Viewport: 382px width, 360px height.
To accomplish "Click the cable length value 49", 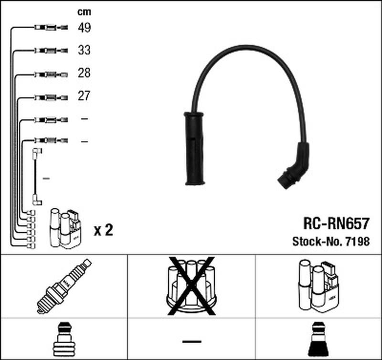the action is point(85,28).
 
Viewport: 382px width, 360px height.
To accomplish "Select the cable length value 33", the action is point(84,50).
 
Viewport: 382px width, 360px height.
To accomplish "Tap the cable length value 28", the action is point(84,73).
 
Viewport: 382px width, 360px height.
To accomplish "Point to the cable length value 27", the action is point(84,95).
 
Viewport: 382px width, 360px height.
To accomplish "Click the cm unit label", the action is point(85,12).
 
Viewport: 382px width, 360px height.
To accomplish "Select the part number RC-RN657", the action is point(337,223).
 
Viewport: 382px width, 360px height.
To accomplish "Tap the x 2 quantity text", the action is point(104,230).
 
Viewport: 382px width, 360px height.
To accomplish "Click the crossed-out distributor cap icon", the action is point(191,286).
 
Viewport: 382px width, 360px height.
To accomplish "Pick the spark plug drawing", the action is point(64,286).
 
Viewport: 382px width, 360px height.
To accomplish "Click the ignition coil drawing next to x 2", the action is point(65,228).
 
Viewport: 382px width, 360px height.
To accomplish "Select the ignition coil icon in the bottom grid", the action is point(318,286).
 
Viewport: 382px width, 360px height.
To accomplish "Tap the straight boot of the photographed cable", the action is point(194,148).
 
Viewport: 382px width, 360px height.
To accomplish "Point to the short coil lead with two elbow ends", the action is point(37,177).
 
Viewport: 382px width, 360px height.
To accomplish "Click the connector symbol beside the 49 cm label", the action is point(51,27).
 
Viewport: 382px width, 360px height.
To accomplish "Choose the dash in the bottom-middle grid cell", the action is point(192,341).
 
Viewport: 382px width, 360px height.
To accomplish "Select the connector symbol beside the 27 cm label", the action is point(51,98).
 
